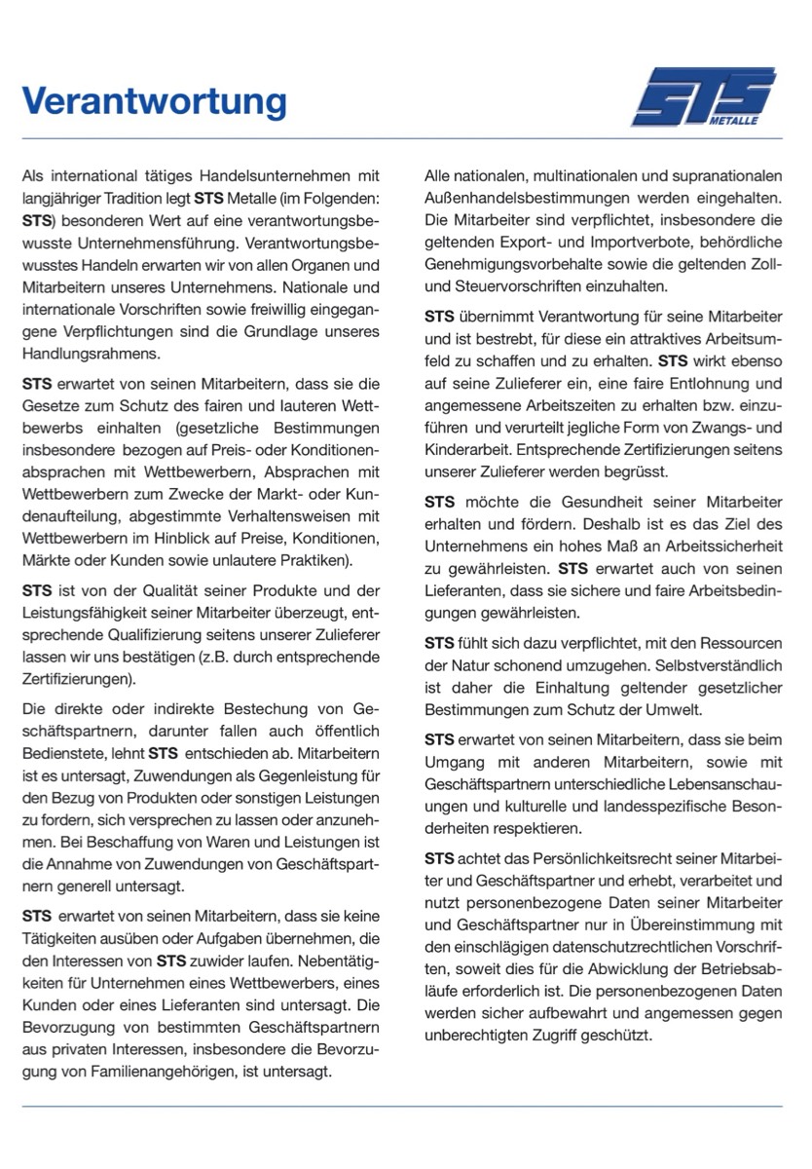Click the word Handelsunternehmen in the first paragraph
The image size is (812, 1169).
(271, 176)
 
